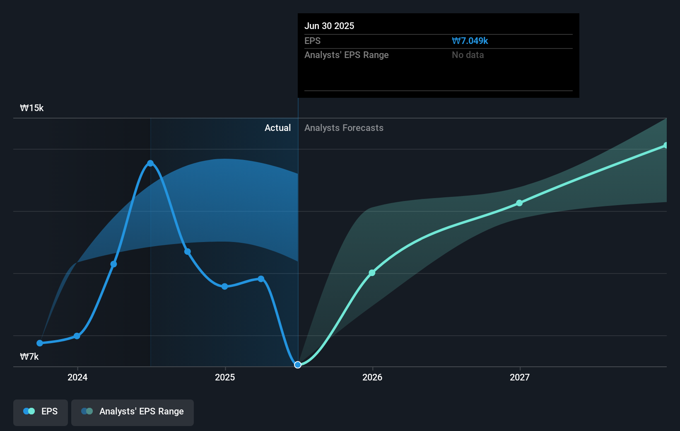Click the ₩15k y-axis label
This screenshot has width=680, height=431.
(32, 108)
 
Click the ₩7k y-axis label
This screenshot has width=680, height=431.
(29, 357)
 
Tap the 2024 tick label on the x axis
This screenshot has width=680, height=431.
(77, 377)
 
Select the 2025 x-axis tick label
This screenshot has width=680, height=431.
(225, 377)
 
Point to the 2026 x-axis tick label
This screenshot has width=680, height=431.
(372, 377)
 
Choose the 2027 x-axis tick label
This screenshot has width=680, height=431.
(520, 377)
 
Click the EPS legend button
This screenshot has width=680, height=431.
(41, 412)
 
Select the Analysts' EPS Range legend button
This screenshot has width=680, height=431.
(133, 412)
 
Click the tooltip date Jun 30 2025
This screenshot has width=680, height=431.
(329, 26)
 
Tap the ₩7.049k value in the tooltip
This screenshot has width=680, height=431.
(470, 41)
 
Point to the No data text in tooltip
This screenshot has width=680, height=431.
(468, 55)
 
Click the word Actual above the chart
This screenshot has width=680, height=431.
(277, 128)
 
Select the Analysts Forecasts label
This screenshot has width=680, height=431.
(344, 128)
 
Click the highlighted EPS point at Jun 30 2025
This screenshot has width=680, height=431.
(298, 365)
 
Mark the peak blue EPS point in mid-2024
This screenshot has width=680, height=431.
(150, 163)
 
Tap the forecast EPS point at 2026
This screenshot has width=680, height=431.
(372, 273)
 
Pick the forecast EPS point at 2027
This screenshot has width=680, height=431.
(519, 203)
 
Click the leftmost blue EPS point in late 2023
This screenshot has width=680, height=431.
(40, 343)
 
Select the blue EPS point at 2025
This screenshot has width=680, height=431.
(224, 286)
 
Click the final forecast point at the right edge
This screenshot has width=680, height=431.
(666, 145)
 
